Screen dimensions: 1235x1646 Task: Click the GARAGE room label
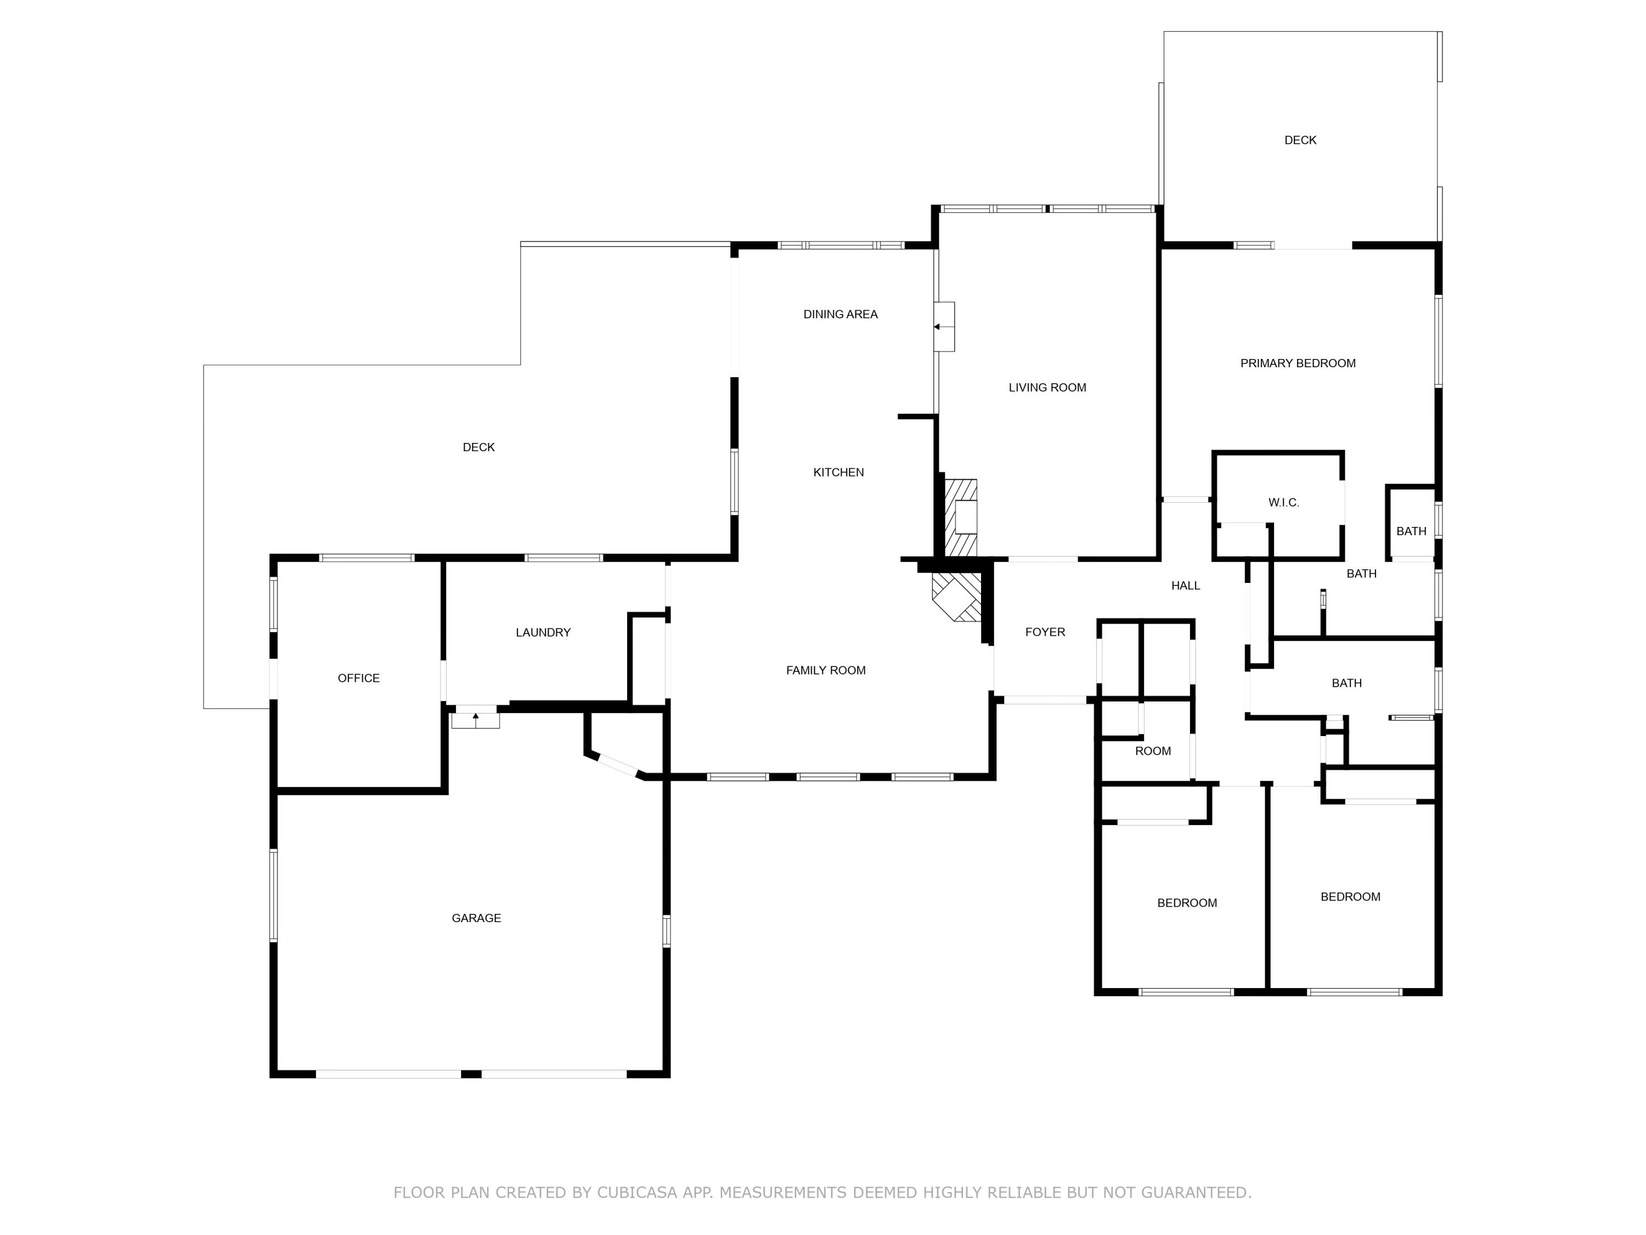476,918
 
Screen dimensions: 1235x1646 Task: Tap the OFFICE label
359,678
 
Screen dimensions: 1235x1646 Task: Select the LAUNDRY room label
543,632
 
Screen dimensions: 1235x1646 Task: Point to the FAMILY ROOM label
826,670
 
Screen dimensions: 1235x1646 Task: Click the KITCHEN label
838,472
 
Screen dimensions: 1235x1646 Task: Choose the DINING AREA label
840,314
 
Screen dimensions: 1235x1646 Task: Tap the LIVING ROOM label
1047,387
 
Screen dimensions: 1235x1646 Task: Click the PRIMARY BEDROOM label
1298,363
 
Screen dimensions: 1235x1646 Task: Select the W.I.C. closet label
1284,502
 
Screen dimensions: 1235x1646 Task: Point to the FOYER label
1045,632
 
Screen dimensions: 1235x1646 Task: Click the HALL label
1185,586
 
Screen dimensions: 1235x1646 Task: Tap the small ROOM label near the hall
1153,751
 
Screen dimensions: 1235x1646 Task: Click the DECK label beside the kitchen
478,447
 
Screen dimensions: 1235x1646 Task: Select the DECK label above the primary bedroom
1300,140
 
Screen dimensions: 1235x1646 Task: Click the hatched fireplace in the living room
961,518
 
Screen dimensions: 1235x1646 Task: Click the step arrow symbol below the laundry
476,719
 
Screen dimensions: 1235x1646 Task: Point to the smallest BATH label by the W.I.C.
1411,531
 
